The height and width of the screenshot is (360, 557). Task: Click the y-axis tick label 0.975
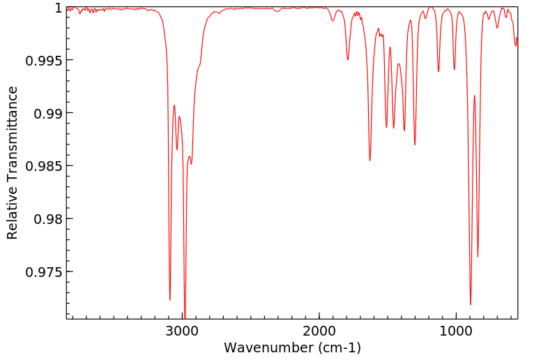coord(44,271)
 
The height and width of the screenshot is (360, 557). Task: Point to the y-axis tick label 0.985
coord(44,166)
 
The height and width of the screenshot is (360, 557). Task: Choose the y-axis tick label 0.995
coord(44,60)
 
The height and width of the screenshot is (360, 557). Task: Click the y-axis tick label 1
coord(59,8)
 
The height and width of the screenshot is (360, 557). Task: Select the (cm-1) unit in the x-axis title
coord(337,347)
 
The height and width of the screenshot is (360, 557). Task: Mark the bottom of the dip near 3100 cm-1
coord(170,300)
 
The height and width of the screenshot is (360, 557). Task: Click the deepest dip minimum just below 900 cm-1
coord(471,305)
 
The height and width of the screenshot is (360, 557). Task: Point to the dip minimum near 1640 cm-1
coord(369,161)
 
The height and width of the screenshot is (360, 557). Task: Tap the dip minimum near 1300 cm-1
coord(415,144)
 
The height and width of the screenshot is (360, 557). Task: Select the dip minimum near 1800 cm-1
coord(348,60)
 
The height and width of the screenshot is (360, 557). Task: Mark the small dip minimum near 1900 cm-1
coord(333,21)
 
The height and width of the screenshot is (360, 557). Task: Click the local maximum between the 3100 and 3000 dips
coord(174,105)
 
